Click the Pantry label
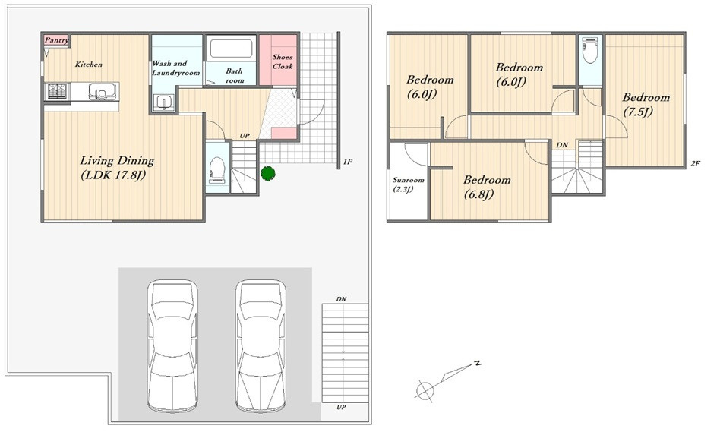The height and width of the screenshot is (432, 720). coord(56,40)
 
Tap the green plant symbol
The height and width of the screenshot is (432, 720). coord(267,173)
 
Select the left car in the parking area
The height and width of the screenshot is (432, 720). coord(172,345)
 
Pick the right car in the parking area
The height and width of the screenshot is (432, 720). coord(261,345)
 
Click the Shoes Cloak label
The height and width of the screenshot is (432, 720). coord(283,61)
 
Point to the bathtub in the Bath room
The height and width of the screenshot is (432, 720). coord(232,48)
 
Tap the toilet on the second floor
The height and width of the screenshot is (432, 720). coord(589,51)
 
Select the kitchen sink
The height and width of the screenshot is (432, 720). coord(102,92)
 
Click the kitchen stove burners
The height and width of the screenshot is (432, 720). coord(58,91)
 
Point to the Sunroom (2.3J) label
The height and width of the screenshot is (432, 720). coord(408,184)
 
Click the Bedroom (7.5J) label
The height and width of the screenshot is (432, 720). coord(646,104)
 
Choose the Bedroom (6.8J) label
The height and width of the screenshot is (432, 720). coord(486,187)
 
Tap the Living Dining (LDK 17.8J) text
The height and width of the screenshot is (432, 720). coord(117,168)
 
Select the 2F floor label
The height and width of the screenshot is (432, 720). coord(695,163)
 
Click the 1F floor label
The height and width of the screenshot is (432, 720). coord(348,162)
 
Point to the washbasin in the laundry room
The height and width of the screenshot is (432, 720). coord(163,102)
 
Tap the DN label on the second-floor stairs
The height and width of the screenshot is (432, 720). coord(562,145)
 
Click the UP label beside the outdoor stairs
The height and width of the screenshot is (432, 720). coord(341,407)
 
